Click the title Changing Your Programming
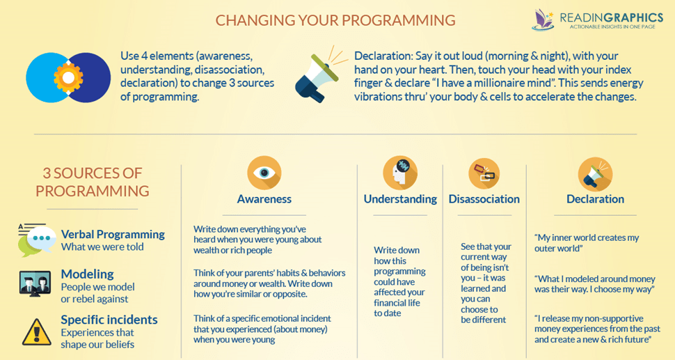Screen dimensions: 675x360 pos(335,20)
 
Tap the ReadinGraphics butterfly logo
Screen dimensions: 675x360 pos(543,19)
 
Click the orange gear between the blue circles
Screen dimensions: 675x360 pos(68,77)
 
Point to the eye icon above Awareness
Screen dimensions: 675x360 pos(264,173)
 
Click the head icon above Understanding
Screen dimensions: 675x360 pos(400,173)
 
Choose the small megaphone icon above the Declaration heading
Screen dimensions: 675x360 pos(596,174)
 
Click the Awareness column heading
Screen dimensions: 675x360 pos(264,199)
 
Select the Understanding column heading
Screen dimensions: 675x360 pos(400,199)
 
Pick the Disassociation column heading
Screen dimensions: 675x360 pos(484,199)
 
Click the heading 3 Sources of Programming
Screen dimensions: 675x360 pos(92,182)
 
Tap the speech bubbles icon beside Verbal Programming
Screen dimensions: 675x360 pos(37,240)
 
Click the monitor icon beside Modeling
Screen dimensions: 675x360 pos(35,283)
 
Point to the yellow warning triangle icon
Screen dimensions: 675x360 pos(37,331)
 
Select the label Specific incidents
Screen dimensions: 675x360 pos(109,320)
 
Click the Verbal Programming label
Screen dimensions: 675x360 pos(113,234)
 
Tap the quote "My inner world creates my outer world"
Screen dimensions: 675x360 pos(587,243)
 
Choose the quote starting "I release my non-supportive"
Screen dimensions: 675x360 pos(597,329)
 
